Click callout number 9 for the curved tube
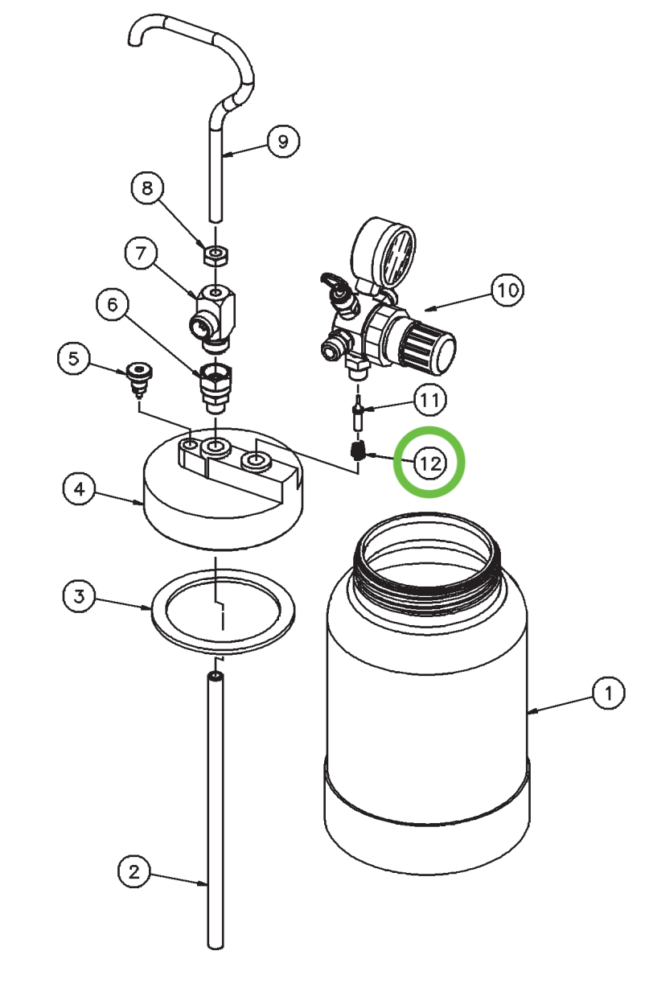[x=283, y=141]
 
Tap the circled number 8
[x=147, y=188]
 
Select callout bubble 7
[x=141, y=253]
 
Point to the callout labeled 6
[x=113, y=304]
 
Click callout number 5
[x=74, y=358]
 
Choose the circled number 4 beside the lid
[x=80, y=488]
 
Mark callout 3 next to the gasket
[x=79, y=596]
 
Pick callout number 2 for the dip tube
[x=134, y=872]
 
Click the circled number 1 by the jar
[x=609, y=693]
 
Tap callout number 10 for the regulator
[x=507, y=290]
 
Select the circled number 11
[x=429, y=400]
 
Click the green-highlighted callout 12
[x=429, y=463]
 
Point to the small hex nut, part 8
[x=216, y=255]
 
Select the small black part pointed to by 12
[x=359, y=451]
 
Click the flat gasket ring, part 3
[x=223, y=612]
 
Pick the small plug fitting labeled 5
[x=140, y=378]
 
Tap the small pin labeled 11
[x=358, y=413]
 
